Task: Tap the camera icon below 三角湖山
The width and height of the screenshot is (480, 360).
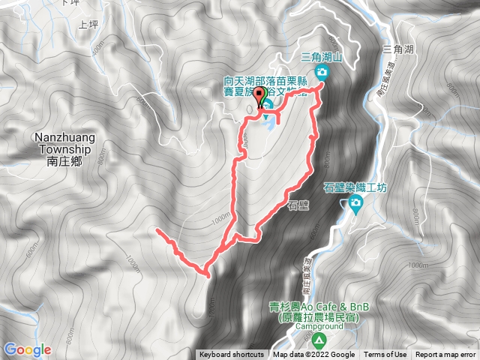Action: (322, 72)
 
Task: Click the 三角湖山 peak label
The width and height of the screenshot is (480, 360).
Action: (321, 56)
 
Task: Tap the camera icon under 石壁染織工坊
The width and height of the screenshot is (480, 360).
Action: (353, 203)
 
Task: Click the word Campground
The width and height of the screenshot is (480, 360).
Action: (319, 328)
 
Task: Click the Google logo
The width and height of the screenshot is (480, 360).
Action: (27, 349)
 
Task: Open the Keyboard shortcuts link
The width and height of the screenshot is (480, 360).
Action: (231, 355)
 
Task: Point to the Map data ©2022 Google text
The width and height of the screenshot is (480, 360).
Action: (313, 355)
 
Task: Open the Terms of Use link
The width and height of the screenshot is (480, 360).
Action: (385, 355)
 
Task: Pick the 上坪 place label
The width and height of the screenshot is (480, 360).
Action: (88, 25)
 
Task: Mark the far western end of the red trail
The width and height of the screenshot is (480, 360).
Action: (157, 230)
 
